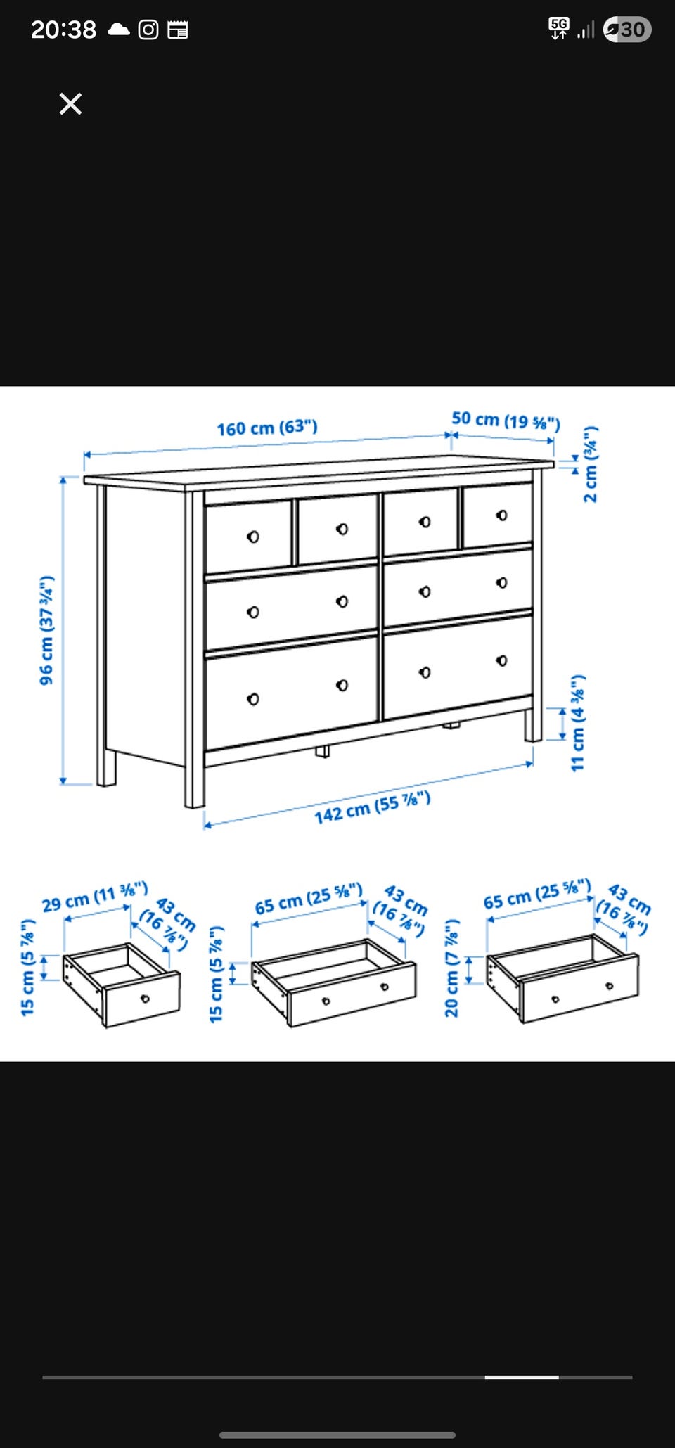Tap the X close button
[x=70, y=104]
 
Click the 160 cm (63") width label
[x=267, y=428]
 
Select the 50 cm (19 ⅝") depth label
[x=506, y=421]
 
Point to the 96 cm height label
[x=46, y=630]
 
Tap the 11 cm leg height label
[x=578, y=723]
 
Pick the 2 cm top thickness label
[x=591, y=464]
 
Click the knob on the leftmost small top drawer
[x=253, y=537]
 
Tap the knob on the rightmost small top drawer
[x=501, y=515]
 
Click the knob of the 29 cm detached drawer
[x=145, y=999]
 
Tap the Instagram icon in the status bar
[x=148, y=30]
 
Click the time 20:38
[x=63, y=30]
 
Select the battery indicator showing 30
[x=627, y=30]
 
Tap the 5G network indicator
[x=559, y=29]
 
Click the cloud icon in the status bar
[x=119, y=30]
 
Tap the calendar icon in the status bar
[x=178, y=30]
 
